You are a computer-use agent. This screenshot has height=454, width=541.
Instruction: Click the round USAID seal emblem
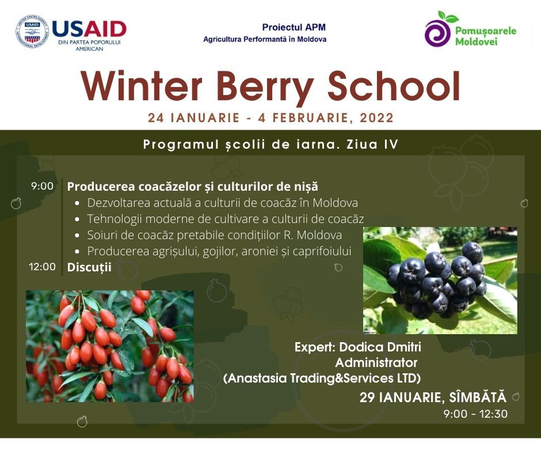pyautogui.click(x=32, y=32)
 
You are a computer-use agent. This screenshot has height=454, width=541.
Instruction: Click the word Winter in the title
pyautogui.click(x=142, y=86)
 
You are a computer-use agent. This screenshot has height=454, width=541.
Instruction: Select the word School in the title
pyautogui.click(x=394, y=86)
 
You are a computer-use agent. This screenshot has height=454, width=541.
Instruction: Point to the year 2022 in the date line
pyautogui.click(x=377, y=118)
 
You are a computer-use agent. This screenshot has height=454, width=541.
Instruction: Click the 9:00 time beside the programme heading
pyautogui.click(x=42, y=186)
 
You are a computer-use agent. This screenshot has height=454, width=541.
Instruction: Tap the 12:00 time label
pyautogui.click(x=42, y=267)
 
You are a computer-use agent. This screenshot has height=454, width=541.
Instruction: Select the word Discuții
pyautogui.click(x=89, y=267)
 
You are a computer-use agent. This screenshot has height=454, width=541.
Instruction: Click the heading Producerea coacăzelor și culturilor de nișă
pyautogui.click(x=193, y=187)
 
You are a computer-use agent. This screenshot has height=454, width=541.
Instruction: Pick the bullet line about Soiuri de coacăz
pyautogui.click(x=214, y=235)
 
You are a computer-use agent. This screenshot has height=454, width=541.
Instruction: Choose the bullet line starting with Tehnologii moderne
pyautogui.click(x=225, y=219)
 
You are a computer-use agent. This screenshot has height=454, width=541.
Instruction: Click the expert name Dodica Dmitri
pyautogui.click(x=380, y=347)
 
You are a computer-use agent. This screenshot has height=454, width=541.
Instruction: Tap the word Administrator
pyautogui.click(x=376, y=363)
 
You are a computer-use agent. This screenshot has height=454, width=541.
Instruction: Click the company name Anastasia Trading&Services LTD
pyautogui.click(x=322, y=379)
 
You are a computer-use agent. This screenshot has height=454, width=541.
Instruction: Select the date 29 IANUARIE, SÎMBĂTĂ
pyautogui.click(x=433, y=398)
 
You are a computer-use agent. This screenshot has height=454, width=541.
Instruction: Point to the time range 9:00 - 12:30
pyautogui.click(x=475, y=414)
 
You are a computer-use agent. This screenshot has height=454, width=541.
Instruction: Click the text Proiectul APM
pyautogui.click(x=294, y=27)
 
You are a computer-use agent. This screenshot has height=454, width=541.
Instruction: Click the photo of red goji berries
pyautogui.click(x=110, y=346)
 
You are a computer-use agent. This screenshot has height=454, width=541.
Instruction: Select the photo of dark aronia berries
pyautogui.click(x=440, y=280)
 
